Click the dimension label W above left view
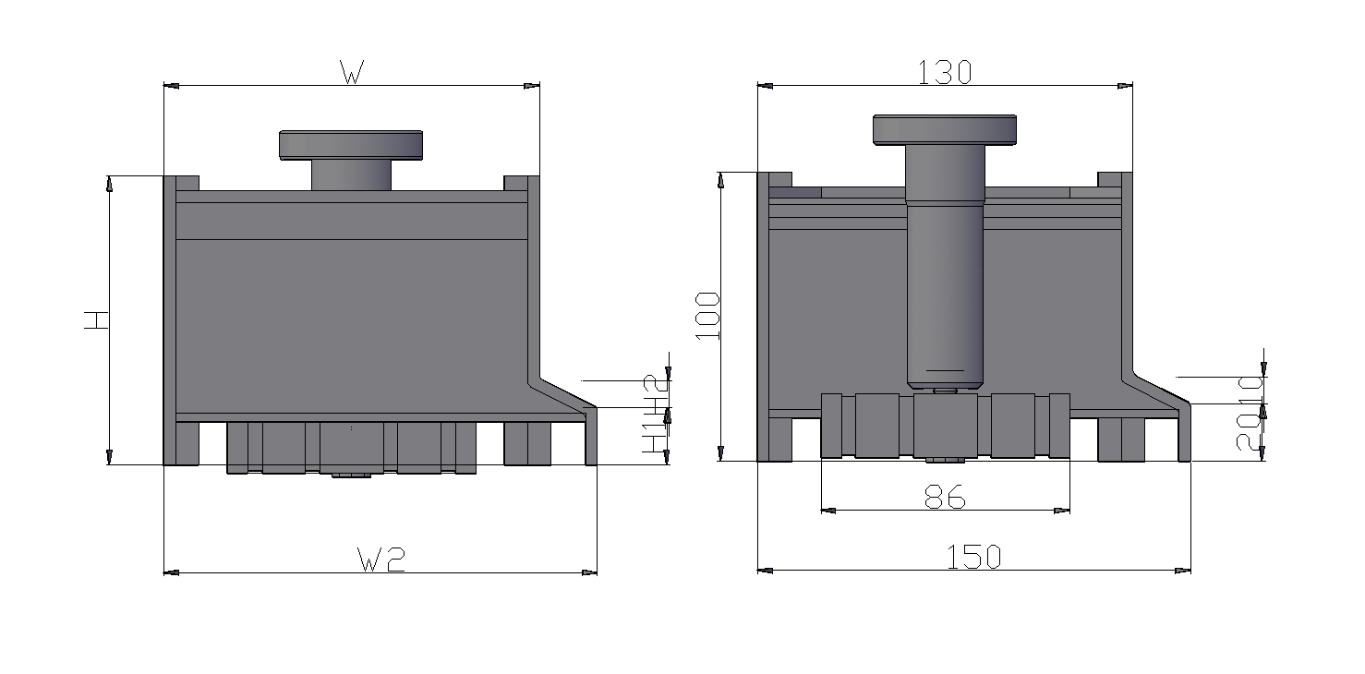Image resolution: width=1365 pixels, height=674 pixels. [x=350, y=73]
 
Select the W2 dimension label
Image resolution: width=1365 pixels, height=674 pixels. [x=381, y=559]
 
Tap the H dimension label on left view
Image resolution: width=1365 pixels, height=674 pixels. [x=96, y=320]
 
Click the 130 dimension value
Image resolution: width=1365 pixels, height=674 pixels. [x=945, y=72]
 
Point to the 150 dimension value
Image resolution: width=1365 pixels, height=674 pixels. [x=973, y=557]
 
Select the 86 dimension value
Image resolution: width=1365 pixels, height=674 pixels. [x=945, y=499]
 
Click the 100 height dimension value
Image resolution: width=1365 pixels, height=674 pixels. [x=707, y=315]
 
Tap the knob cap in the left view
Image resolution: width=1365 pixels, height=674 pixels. [x=351, y=145]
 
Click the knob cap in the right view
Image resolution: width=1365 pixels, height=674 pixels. [x=945, y=129]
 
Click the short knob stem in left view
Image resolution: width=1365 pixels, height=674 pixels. [x=351, y=175]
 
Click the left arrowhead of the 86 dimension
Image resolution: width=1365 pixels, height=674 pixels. [x=827, y=510]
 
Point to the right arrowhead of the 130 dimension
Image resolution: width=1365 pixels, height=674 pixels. [x=1125, y=86]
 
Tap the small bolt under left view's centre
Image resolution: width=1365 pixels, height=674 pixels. [x=351, y=475]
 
